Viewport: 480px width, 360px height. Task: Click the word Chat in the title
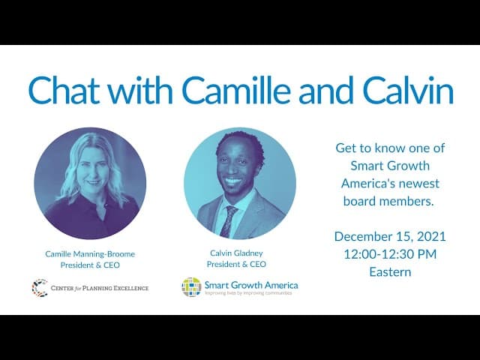coord(64,89)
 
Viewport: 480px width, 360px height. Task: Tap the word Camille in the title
coord(237,89)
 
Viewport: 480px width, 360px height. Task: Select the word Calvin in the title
coord(408,89)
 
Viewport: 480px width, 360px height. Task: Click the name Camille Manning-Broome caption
coord(90,254)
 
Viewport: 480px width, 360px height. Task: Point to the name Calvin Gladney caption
coord(236,253)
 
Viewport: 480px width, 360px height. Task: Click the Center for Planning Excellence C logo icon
coord(40,288)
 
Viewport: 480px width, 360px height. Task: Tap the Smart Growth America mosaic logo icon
coord(191,286)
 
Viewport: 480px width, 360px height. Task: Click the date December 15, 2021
coord(390,237)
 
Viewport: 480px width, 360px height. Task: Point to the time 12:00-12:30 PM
coord(390,254)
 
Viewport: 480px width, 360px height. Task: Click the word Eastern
coord(390,271)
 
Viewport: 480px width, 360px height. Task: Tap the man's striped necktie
coord(228,221)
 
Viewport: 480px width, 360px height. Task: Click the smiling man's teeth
coord(233,181)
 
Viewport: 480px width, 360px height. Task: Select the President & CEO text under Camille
coord(90,265)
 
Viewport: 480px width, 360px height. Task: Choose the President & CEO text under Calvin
coord(236,264)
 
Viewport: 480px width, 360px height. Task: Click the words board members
coord(388,201)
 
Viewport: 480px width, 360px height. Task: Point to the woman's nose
coord(93,173)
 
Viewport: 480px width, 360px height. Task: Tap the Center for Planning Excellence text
coord(100,288)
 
